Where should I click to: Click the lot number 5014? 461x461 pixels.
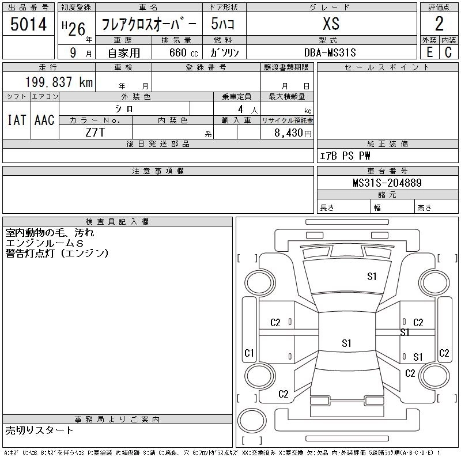coord(29,24)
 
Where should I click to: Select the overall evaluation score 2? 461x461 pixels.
coord(439,24)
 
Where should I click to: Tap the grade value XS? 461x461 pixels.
coord(331,24)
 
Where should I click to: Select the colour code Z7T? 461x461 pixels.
coord(95,132)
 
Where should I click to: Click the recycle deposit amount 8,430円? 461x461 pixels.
coord(292,133)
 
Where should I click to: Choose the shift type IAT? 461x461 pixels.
coord(16,120)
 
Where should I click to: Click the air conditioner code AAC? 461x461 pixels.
coord(44,120)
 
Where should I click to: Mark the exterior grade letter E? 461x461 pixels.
coord(429,52)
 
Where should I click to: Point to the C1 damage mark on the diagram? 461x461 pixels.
coord(250,353)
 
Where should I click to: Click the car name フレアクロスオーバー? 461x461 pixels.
coord(149,24)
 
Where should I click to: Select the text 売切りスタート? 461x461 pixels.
coord(40,430)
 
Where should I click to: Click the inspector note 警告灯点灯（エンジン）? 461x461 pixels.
coord(57,253)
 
